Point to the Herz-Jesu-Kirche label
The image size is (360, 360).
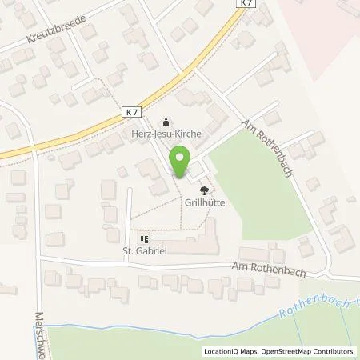pos(165,135)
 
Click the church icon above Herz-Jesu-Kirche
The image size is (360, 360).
pos(166,122)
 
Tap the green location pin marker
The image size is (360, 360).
pos(181,164)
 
